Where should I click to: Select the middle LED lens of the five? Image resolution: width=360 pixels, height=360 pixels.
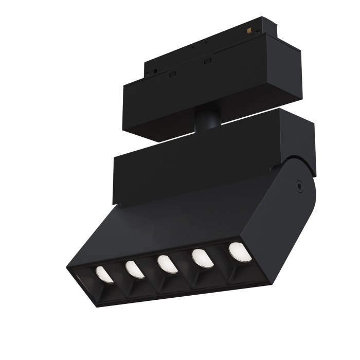(x=166, y=263)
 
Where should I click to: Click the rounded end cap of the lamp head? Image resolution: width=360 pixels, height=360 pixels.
(x=293, y=206)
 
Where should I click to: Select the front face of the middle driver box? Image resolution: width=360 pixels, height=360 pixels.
(x=195, y=170)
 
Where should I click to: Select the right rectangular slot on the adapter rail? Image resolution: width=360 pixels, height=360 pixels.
(x=208, y=62)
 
